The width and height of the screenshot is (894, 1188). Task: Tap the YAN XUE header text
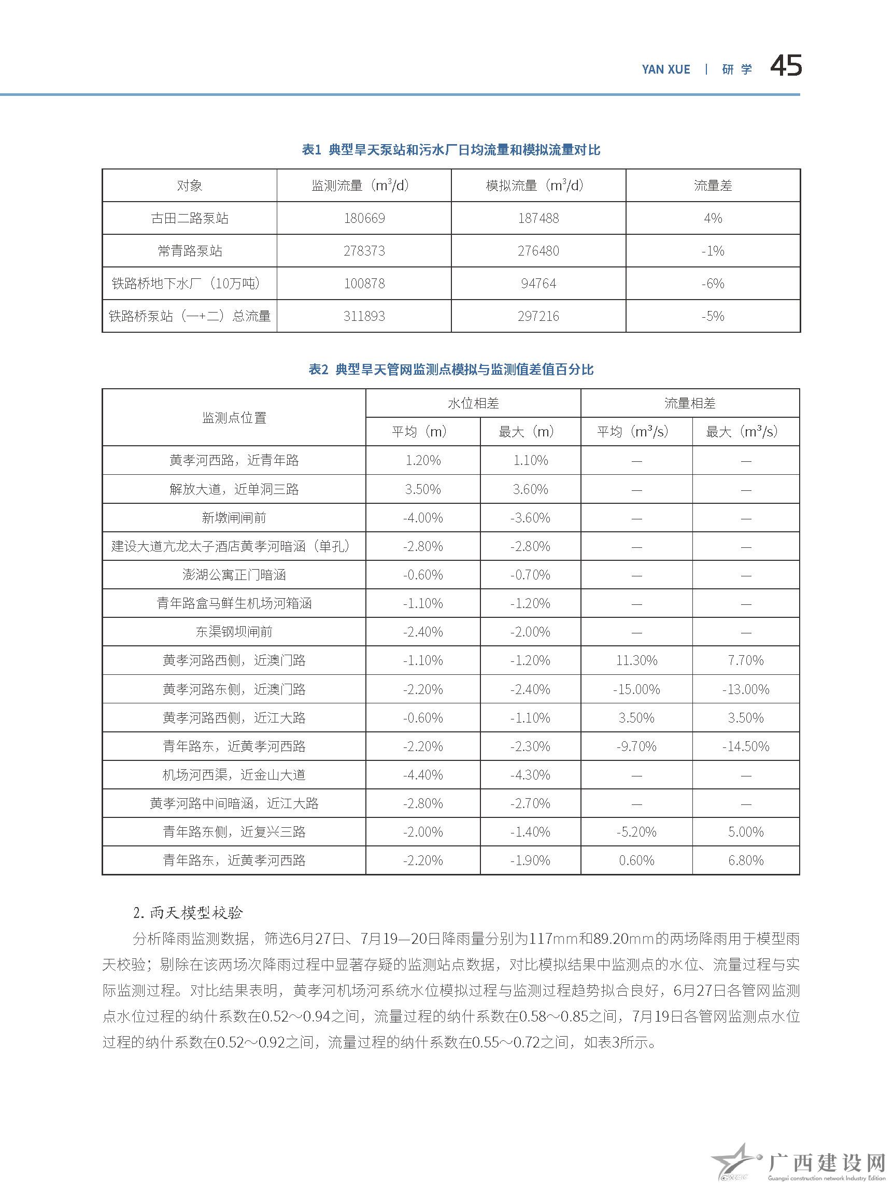tap(666, 69)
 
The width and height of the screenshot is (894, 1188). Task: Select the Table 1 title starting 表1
tap(450, 150)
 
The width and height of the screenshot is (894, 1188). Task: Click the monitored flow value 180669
tap(364, 218)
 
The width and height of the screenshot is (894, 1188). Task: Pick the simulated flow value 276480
tap(538, 251)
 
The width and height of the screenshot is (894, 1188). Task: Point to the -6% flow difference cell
tap(713, 284)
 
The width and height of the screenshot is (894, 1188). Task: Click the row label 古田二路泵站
tap(190, 218)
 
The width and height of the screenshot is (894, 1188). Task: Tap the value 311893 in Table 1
tap(364, 316)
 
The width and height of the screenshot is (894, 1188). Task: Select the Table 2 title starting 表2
tap(450, 370)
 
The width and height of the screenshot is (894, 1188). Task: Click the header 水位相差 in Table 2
tap(473, 403)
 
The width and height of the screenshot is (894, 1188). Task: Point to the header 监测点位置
tap(234, 418)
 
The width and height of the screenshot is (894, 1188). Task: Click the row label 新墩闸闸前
tap(234, 518)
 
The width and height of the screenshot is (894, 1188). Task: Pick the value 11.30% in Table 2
tap(636, 660)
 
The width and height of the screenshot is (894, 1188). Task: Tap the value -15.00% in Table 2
tap(636, 689)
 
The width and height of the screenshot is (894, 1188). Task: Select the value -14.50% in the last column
tap(745, 746)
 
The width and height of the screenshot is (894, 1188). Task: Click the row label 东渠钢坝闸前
tap(234, 632)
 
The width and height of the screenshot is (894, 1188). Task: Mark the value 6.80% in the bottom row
tap(745, 860)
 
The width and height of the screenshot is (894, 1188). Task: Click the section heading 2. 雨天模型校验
tap(188, 912)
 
